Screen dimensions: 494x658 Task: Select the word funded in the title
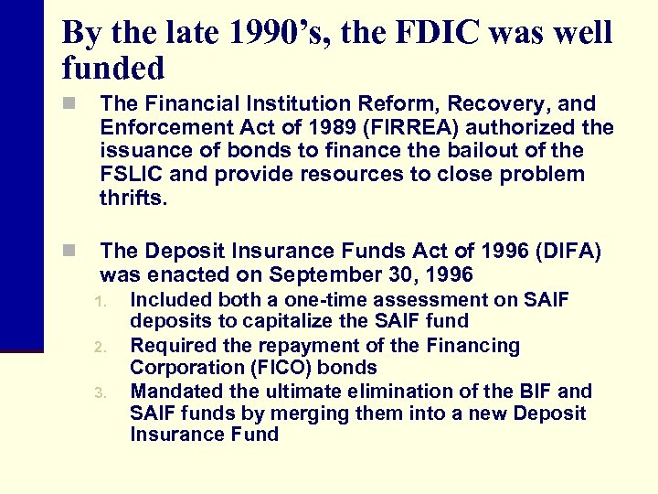pyautogui.click(x=113, y=68)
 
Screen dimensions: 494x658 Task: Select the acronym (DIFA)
pyautogui.click(x=568, y=252)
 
